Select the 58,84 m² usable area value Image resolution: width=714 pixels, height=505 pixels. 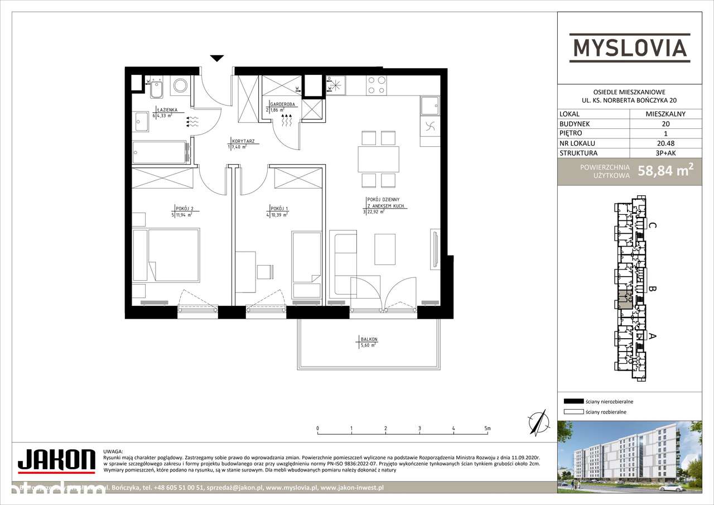(x=669, y=171)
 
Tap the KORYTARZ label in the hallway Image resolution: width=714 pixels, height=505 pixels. (x=243, y=142)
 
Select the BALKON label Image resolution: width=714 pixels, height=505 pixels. (x=369, y=339)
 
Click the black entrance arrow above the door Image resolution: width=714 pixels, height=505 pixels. (x=217, y=58)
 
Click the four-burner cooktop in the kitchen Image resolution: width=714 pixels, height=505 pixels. (x=377, y=84)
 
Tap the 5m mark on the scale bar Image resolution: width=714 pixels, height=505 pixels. (x=488, y=429)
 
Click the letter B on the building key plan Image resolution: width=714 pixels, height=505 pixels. (x=652, y=289)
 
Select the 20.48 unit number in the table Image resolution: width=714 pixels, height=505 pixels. (x=666, y=143)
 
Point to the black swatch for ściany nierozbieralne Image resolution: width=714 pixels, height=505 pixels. (x=573, y=401)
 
